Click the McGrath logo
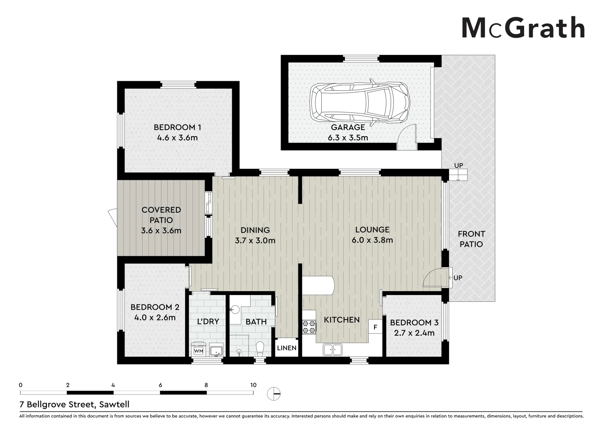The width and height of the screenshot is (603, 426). point(522,28)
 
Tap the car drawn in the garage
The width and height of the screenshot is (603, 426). point(359,103)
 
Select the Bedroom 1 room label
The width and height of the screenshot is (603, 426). point(177,127)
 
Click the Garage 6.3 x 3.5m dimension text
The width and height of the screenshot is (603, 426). point(348,138)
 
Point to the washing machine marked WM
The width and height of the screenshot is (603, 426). point(199,350)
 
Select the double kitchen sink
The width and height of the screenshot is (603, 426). point(332,349)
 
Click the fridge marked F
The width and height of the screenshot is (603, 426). point(375,327)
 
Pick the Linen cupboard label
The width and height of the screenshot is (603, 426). point(287,348)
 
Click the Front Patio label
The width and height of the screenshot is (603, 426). point(471,239)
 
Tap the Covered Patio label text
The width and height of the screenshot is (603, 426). point(161,215)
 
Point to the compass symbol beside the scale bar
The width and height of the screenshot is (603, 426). point(273,393)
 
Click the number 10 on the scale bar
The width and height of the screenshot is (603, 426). point(253,385)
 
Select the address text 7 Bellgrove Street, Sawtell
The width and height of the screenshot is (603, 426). point(75,404)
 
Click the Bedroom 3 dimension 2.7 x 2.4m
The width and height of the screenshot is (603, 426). point(414,333)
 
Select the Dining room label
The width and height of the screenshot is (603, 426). point(255,230)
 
